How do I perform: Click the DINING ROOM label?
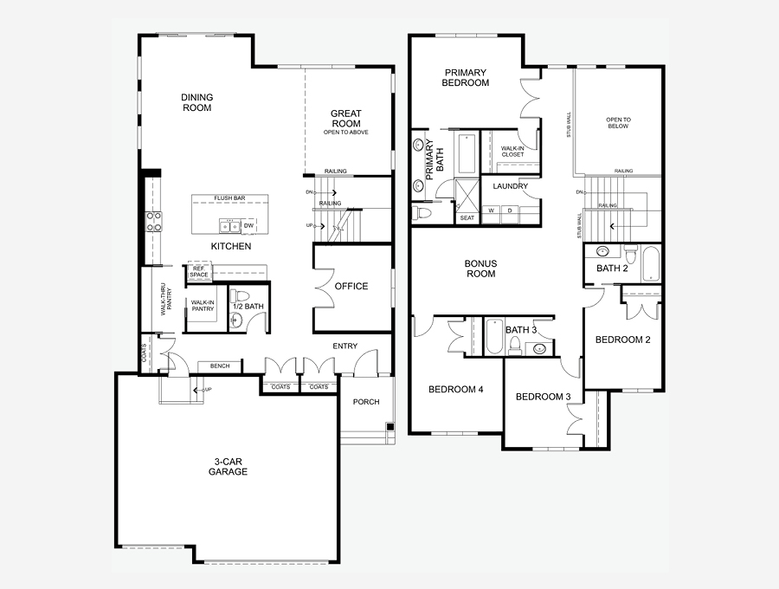196,102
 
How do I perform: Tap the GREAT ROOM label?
346,119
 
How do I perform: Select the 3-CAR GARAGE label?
228,467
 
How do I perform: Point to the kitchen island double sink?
230,226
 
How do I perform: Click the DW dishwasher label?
249,226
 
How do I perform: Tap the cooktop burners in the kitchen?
153,221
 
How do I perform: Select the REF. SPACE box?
199,271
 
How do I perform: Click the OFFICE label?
351,287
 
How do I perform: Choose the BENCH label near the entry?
220,366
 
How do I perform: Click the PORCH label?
366,402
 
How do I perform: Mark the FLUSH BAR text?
229,197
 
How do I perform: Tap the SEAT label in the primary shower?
467,217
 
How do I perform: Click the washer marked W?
491,210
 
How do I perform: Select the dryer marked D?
509,210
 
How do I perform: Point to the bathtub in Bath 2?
651,264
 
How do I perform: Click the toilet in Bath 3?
515,345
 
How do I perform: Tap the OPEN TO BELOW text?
618,123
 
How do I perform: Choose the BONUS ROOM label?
481,269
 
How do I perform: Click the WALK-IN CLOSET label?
512,151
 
